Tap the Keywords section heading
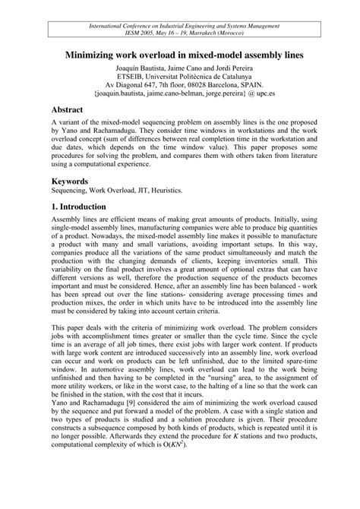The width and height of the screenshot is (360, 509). tap(76, 182)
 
